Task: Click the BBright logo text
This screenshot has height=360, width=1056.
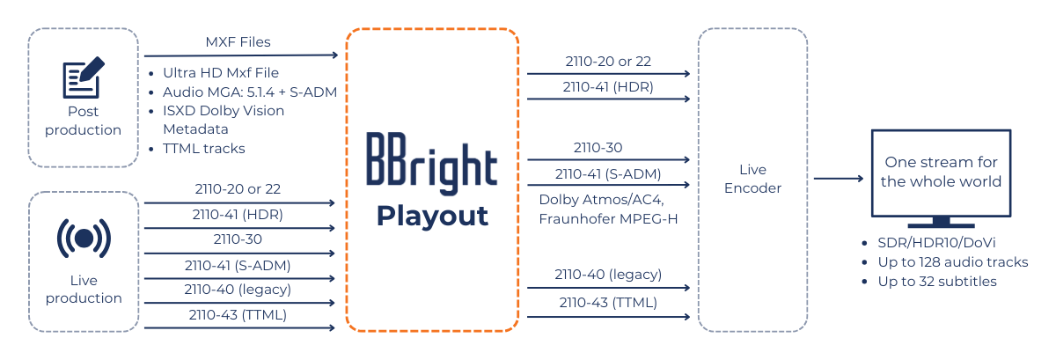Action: coord(431,164)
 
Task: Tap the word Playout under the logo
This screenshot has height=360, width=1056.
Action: coord(432,216)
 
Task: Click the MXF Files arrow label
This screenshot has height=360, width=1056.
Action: coord(238,41)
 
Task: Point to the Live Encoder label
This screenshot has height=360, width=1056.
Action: coord(752,179)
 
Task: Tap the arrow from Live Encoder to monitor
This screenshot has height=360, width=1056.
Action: coord(837,179)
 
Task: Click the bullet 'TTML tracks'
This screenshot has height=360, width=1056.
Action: coord(203,148)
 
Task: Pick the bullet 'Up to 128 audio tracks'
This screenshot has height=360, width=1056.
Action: coord(953,261)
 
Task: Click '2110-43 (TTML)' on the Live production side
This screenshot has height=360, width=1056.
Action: coord(238,314)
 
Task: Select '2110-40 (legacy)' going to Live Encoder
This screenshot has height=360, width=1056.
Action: coord(608,274)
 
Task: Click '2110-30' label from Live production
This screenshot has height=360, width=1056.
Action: coord(238,239)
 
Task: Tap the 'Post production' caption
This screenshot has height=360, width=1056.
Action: coord(84,121)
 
